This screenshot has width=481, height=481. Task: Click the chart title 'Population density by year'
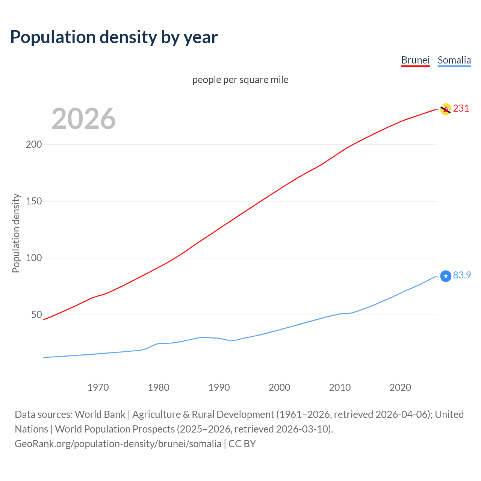(114, 37)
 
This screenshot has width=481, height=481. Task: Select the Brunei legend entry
(415, 60)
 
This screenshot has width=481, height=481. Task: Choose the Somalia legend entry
(454, 60)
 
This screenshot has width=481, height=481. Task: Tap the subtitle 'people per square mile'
(240, 80)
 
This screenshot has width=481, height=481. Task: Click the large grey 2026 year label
(83, 119)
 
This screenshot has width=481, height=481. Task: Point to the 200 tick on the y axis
(34, 145)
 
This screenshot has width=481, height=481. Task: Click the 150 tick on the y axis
(34, 201)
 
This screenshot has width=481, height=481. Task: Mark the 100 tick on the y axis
(34, 258)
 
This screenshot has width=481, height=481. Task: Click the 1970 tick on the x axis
(98, 387)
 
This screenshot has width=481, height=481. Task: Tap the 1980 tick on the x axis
(159, 387)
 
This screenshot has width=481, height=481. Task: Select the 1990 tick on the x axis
(219, 387)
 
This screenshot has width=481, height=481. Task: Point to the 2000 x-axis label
(280, 387)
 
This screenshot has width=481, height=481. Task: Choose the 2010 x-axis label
(340, 387)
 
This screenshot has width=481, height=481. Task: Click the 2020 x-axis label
(401, 387)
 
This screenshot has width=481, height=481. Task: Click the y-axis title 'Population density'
(16, 233)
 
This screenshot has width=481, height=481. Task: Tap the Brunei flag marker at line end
(446, 109)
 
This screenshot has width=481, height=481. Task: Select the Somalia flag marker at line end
(446, 276)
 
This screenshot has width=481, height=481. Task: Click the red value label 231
(461, 109)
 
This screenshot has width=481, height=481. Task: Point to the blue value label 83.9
(462, 275)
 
